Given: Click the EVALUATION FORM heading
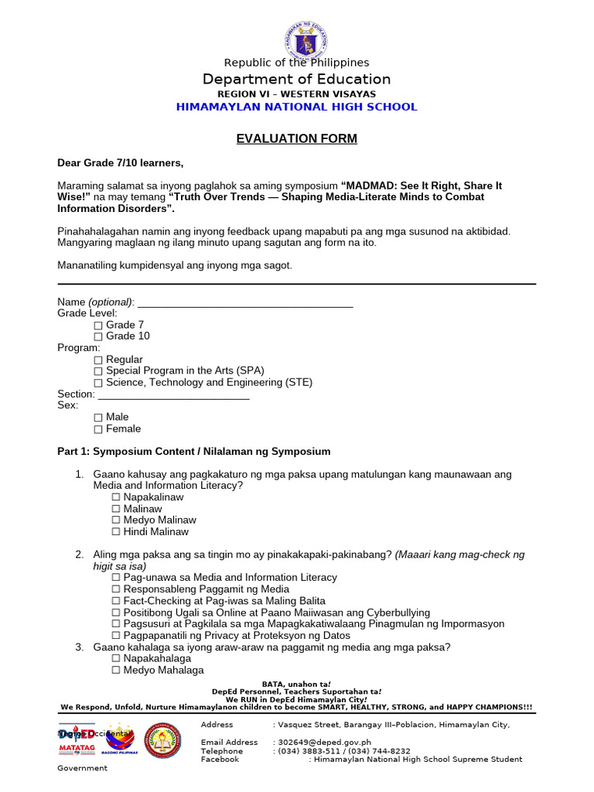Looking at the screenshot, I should tap(296, 138).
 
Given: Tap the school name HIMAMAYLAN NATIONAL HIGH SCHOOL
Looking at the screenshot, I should tap(296, 107).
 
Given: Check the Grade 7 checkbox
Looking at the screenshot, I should tap(98, 326).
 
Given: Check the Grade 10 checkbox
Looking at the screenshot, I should tap(98, 337).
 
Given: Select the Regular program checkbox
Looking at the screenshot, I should tap(98, 360).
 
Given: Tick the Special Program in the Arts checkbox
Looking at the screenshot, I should tap(98, 371).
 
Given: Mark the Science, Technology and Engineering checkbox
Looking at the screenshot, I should tap(98, 383).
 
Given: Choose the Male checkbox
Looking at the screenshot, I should tap(98, 418).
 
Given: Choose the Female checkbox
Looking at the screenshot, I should tap(98, 429).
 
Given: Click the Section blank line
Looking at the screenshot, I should tap(174, 395).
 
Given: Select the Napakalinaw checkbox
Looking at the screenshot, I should tap(116, 497).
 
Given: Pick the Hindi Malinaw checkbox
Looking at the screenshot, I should tap(116, 532).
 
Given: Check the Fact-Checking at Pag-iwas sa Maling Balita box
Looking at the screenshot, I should tap(116, 601).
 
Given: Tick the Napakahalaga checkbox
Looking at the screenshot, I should tap(116, 659).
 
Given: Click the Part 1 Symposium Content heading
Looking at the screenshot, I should tap(194, 452).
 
